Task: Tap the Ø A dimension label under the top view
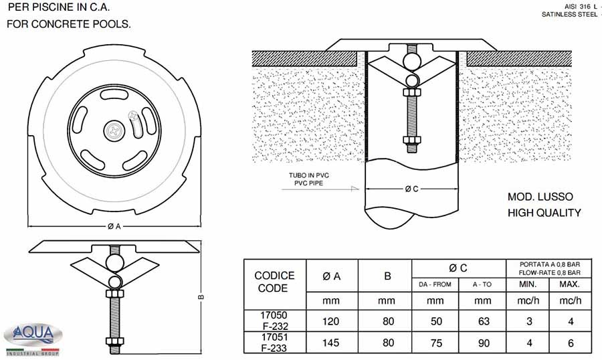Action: pos(114,227)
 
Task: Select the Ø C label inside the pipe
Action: pos(411,189)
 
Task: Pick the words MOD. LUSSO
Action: pos(540,198)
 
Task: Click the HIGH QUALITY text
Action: pos(544,213)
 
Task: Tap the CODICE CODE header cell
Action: pos(274,282)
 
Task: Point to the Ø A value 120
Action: pos(332,321)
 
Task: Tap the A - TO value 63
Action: pos(482,321)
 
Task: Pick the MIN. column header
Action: pos(528,284)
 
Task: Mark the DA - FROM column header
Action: pos(436,284)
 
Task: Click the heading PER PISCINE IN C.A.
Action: pos(58,8)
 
